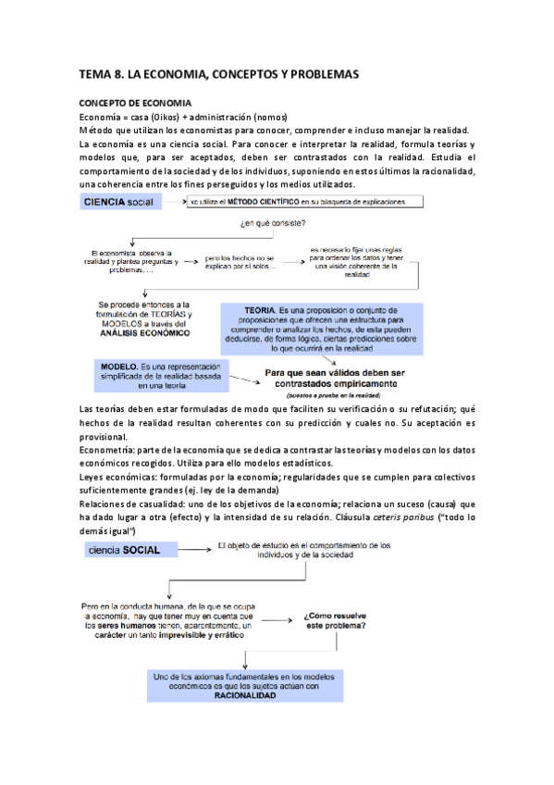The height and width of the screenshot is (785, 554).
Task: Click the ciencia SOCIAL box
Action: point(123,550)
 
